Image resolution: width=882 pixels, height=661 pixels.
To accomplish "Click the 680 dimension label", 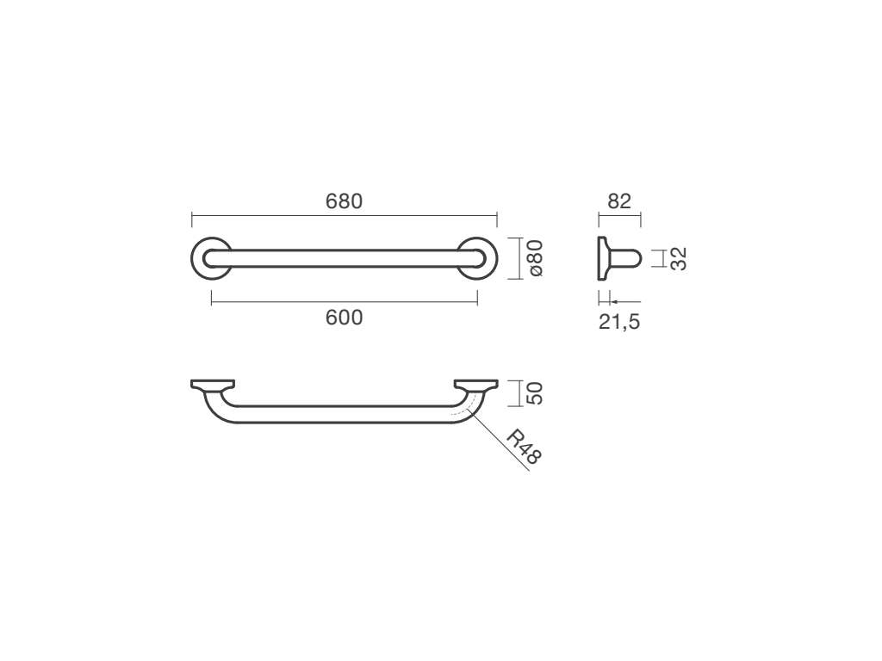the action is click(x=344, y=201).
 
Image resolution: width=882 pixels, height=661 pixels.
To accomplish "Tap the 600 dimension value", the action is click(x=344, y=318).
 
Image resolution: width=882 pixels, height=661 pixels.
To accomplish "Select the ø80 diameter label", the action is click(x=536, y=258).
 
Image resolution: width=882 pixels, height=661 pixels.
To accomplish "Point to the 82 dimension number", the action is click(x=619, y=201).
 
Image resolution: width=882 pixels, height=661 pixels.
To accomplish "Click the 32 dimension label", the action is click(x=679, y=258).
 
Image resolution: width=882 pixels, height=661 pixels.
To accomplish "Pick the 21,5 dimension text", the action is click(x=619, y=322).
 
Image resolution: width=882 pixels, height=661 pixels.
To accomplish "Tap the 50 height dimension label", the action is click(x=535, y=392).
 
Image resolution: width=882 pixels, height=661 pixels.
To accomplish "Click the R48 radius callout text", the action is click(x=523, y=447).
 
